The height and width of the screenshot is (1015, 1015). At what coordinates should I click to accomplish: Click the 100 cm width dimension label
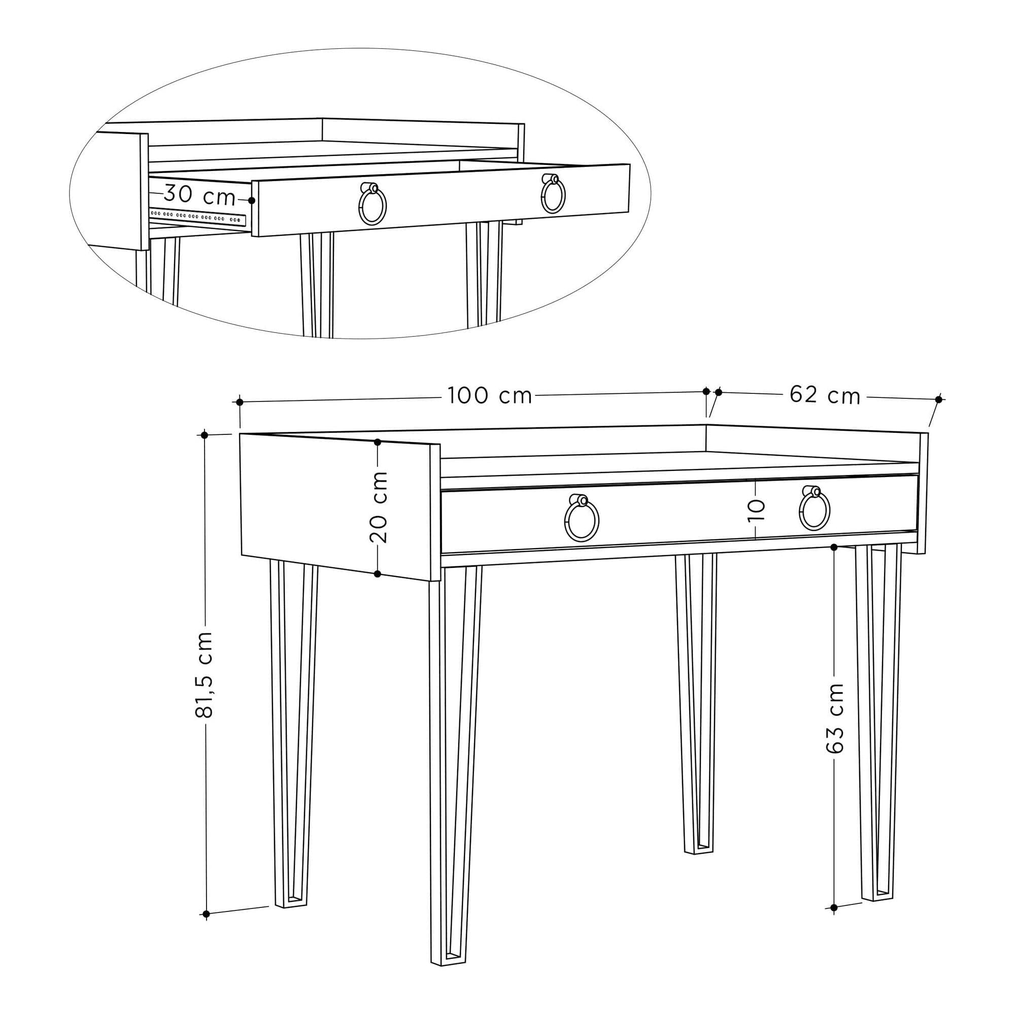490,396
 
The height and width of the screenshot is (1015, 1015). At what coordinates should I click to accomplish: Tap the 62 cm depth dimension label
825,395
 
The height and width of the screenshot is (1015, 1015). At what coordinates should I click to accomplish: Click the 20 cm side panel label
378,507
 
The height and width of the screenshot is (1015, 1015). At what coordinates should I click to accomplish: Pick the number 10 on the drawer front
756,510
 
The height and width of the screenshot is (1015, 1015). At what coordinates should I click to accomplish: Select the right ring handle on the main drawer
815,508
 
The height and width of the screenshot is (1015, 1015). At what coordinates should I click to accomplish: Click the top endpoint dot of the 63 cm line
834,548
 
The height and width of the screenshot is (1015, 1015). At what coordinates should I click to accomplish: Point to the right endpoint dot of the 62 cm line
939,399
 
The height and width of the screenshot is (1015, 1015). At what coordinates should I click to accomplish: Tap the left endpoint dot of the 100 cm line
240,402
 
